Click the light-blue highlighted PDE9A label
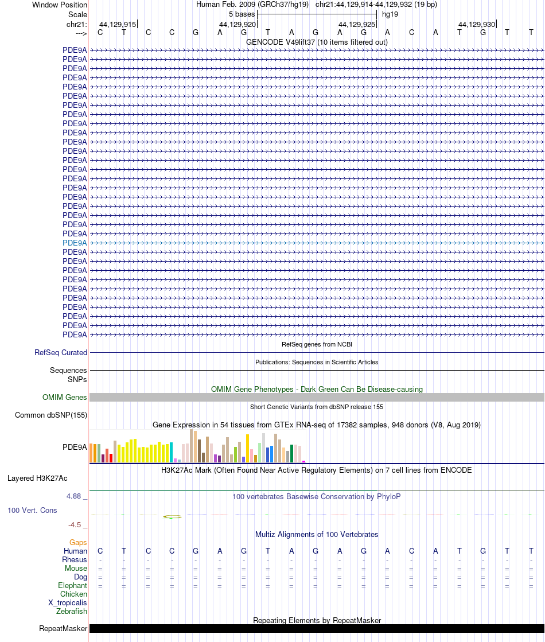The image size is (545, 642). point(75,243)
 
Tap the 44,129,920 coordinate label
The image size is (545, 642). point(238,24)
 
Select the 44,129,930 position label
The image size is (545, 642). point(477,24)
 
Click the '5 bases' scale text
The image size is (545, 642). point(242,14)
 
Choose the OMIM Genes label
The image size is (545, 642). point(65,397)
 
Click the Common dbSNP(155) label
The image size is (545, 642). point(51,415)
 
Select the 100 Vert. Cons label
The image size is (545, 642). point(32,510)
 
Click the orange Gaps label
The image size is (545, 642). point(78,542)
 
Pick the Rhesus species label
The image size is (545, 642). point(75,559)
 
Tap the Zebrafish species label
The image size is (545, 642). point(72,611)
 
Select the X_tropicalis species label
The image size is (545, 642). point(68,602)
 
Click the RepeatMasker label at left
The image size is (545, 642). point(63,629)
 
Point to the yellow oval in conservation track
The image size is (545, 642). point(172,516)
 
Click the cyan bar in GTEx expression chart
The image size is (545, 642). point(171,452)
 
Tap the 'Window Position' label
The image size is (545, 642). point(60,5)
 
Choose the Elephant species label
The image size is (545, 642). point(72,585)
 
